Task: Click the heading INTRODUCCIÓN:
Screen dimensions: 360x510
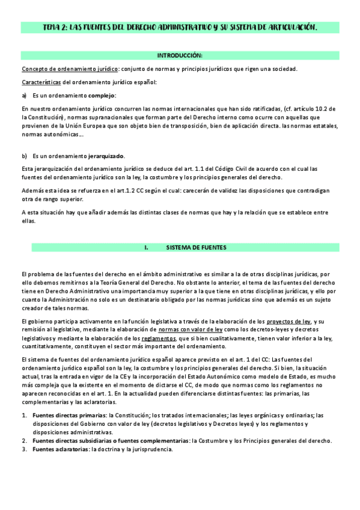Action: click(x=180, y=55)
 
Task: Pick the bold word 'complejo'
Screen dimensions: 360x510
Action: click(x=102, y=96)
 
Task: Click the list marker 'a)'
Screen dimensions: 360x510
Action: click(x=24, y=96)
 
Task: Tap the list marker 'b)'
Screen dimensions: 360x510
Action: click(x=24, y=155)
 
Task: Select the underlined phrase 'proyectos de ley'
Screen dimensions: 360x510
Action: click(x=288, y=321)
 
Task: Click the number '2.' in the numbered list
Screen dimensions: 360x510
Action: click(x=25, y=441)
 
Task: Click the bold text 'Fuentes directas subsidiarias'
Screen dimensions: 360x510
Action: click(x=73, y=441)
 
